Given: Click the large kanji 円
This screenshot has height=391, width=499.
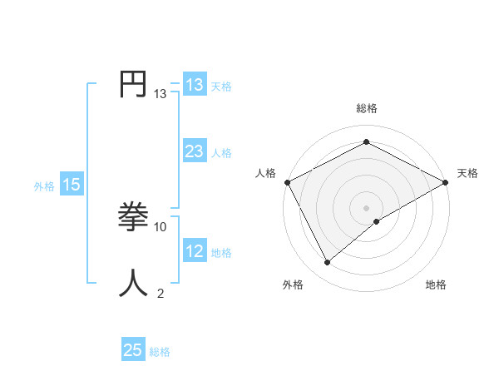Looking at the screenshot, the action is tap(134, 85).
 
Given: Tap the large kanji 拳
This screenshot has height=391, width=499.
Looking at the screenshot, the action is tap(134, 218).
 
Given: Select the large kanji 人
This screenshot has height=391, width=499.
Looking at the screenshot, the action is tap(134, 283).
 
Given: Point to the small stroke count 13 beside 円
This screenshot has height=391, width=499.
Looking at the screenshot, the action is tap(161, 94).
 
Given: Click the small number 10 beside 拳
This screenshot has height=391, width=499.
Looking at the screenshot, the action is tap(161, 226).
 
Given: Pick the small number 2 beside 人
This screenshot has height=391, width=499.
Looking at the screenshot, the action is tap(161, 292).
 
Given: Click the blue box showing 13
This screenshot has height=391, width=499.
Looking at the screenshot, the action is tap(194, 85).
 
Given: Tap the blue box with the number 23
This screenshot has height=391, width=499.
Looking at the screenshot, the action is tap(194, 151).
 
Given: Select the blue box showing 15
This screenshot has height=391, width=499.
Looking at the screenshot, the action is tap(72, 186).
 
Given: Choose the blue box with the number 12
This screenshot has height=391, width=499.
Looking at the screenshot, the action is tap(194, 251).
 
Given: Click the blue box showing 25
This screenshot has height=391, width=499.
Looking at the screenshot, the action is tap(133, 350).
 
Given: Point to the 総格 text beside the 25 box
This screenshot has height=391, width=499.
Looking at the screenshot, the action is tap(160, 352).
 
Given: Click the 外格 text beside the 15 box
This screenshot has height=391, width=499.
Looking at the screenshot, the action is tap(44, 186).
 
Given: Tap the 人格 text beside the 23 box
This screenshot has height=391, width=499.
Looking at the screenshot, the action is tap(221, 153).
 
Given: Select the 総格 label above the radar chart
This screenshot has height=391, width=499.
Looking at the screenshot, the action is tap(367, 108).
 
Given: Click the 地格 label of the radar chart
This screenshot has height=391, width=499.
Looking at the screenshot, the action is tap(436, 285).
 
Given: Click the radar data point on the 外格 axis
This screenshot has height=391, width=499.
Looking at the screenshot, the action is tap(328, 263).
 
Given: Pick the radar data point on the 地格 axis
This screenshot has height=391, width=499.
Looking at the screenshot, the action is tap(377, 221).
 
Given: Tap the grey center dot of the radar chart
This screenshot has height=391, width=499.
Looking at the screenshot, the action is tap(367, 207).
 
